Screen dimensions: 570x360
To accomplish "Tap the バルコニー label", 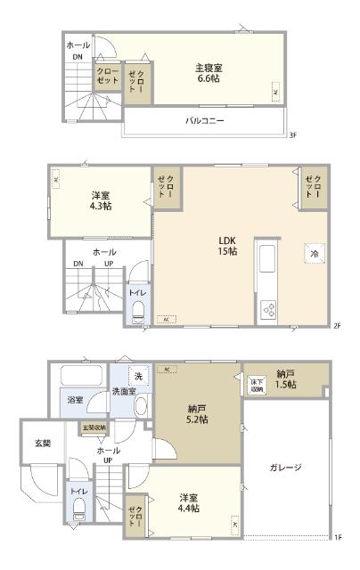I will click(x=205, y=119).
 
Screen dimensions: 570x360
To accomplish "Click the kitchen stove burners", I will click(x=268, y=310).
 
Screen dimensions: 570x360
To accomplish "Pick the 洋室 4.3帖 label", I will click(x=100, y=200).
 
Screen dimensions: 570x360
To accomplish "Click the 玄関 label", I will click(x=41, y=443).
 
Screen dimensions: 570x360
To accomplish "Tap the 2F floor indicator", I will click(x=337, y=326).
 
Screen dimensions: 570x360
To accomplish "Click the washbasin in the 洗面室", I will click(x=140, y=405).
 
